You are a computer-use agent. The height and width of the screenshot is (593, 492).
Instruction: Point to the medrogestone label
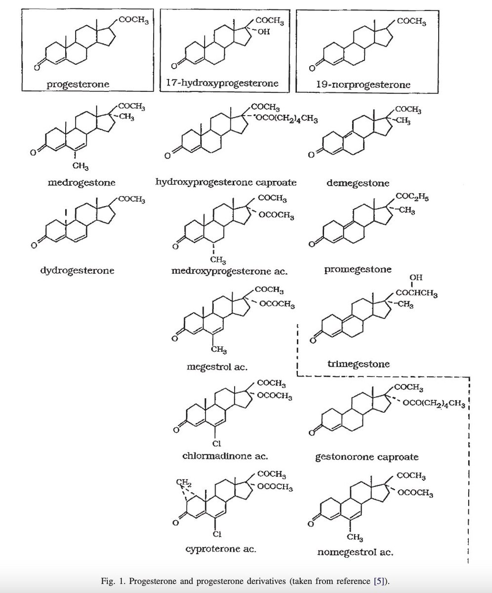[82, 182]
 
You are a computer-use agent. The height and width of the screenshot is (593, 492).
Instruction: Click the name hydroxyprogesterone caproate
[226, 182]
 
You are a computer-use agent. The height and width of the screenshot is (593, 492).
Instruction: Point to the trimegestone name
[358, 364]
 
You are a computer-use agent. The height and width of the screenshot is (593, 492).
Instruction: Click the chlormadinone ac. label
[225, 455]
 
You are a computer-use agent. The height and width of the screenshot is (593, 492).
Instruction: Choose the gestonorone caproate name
[367, 456]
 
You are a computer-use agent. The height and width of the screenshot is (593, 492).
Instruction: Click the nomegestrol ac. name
[355, 552]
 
